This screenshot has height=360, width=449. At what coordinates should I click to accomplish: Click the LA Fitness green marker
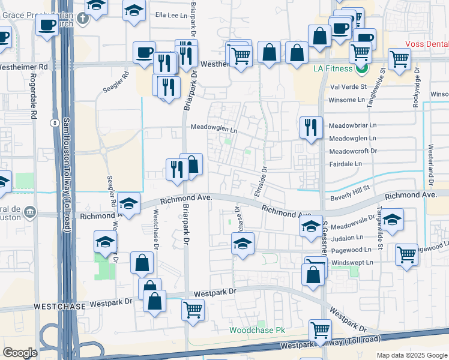361,69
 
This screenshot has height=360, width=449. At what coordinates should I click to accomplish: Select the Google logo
20,353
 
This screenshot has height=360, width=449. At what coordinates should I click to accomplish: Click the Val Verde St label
348,87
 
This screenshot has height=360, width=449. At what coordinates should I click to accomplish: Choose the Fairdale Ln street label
345,164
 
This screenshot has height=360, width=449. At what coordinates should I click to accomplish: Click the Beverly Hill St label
352,197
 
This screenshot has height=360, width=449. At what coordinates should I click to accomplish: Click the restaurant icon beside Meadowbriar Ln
310,127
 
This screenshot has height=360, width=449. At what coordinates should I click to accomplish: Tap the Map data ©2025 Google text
411,355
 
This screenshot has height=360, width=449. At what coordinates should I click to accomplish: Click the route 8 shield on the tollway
55,122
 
